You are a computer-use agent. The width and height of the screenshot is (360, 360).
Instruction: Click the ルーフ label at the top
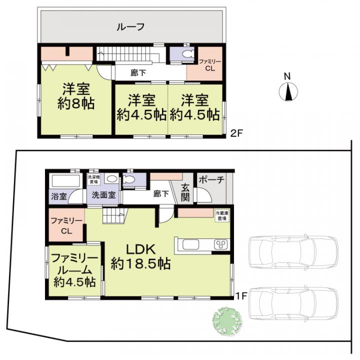[x=130, y=26]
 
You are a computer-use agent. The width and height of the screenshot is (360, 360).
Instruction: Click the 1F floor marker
[x=241, y=295]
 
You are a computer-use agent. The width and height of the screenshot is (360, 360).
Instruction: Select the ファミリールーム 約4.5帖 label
[x=74, y=270]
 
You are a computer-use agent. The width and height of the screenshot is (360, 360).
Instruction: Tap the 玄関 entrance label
[x=185, y=193]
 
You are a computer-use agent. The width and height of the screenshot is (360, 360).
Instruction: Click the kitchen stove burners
[x=221, y=244]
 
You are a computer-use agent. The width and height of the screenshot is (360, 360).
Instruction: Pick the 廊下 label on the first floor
[x=160, y=193]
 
